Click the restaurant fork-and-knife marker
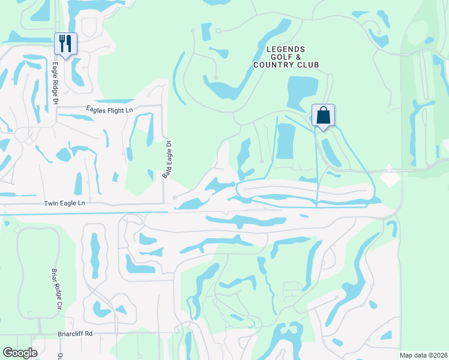[65, 43]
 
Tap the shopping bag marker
[323, 115]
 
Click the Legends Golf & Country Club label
[286, 57]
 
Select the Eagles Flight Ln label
[109, 109]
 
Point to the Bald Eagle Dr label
[169, 158]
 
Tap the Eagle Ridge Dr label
[54, 85]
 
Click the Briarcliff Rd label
[74, 334]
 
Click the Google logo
[20, 353]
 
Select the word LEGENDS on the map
[286, 49]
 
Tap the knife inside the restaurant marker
[69, 43]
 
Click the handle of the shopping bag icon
[323, 109]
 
